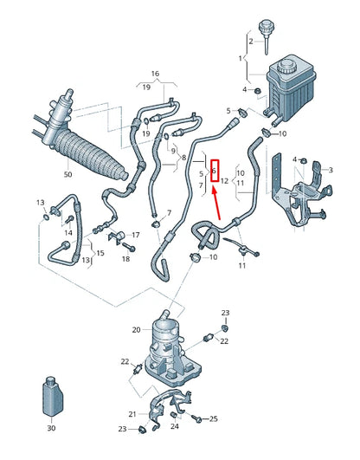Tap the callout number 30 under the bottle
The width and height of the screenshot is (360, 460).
[x=50, y=428]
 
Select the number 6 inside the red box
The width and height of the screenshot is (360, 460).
[x=214, y=171]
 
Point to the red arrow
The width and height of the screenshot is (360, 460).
[x=216, y=209]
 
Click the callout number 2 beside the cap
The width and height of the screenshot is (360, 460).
[x=252, y=41]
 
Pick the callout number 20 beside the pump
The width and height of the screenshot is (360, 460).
[x=136, y=329]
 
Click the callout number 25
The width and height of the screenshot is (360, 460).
[x=213, y=418]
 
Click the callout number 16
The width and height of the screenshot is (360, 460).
[x=156, y=74]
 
